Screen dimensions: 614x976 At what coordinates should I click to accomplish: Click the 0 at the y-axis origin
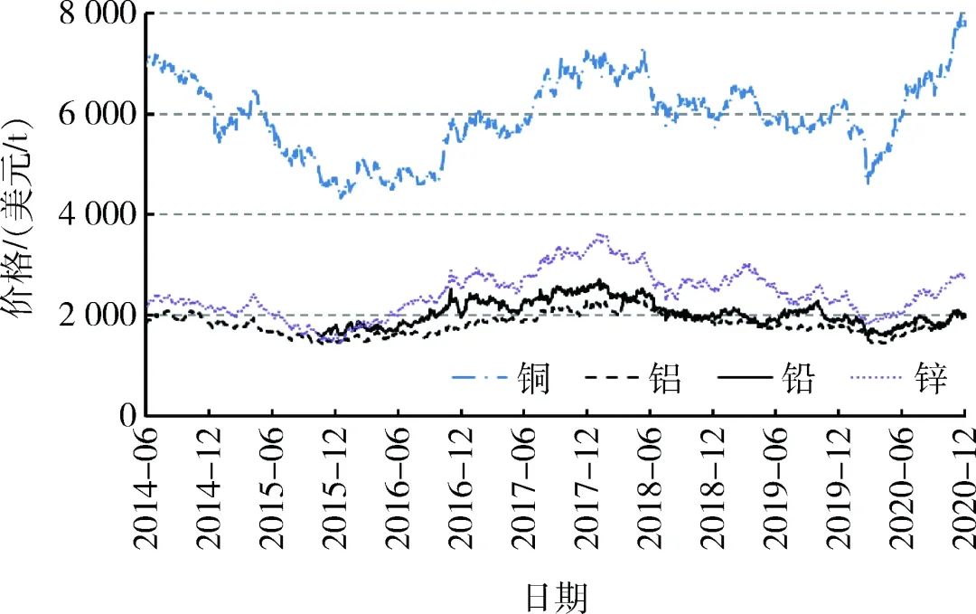pyautogui.click(x=127, y=415)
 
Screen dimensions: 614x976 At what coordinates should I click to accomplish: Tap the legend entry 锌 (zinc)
pyautogui.click(x=932, y=381)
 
